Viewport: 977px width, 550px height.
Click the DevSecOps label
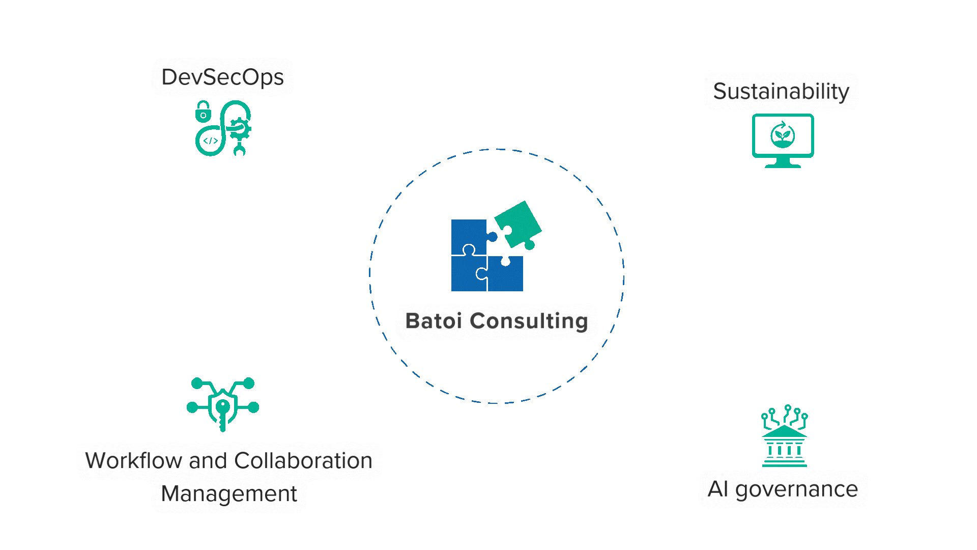click(x=222, y=77)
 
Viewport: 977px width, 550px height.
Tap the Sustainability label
click(x=781, y=92)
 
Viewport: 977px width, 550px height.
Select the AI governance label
click(x=783, y=489)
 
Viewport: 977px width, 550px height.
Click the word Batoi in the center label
click(x=434, y=321)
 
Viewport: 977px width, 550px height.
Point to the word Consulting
click(x=529, y=321)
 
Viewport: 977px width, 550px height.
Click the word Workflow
click(x=133, y=461)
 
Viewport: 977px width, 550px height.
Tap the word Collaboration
click(x=303, y=461)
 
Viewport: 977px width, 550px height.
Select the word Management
click(x=229, y=494)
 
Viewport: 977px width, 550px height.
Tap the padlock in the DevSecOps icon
click(x=203, y=112)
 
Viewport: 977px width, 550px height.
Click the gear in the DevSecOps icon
click(x=239, y=129)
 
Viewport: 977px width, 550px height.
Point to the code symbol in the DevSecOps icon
click(x=210, y=141)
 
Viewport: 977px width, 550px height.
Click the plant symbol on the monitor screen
click(x=783, y=135)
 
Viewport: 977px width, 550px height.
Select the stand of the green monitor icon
click(x=783, y=163)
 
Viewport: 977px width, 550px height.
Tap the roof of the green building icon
click(x=784, y=432)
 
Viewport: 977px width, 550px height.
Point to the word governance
click(x=796, y=489)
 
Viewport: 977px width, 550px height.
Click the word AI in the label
click(x=718, y=489)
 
